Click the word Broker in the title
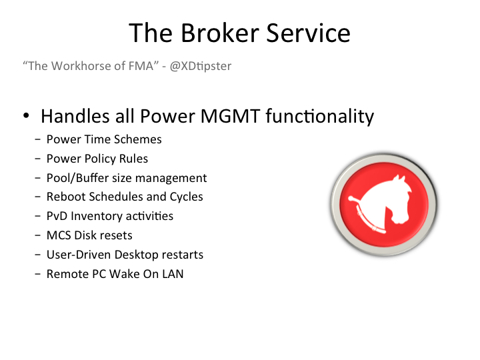point(220,33)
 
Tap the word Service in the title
point(308,33)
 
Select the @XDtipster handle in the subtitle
point(201,66)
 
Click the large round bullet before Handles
point(26,116)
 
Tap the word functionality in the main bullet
point(319,117)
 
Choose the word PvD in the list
point(57,216)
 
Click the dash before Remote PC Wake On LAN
point(37,274)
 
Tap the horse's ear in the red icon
point(399,179)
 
